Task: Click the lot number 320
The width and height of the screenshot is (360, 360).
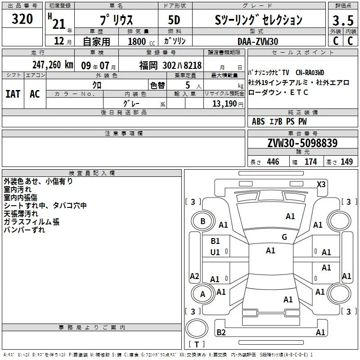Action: click(x=22, y=19)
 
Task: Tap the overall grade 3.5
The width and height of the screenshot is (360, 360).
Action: click(x=343, y=20)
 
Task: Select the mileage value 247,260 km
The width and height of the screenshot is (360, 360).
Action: click(x=53, y=65)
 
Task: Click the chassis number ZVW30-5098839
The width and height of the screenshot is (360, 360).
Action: click(x=302, y=143)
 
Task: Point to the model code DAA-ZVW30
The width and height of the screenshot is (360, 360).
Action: click(x=258, y=41)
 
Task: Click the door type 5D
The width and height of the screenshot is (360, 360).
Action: click(x=174, y=20)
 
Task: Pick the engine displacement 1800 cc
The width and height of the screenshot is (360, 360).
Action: click(x=141, y=41)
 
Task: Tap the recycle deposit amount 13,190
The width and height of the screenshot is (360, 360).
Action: click(x=224, y=104)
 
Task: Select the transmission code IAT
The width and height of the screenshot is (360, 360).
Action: click(x=13, y=94)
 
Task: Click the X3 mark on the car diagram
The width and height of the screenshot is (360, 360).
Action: click(x=321, y=184)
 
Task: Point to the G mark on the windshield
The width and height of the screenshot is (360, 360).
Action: click(x=284, y=237)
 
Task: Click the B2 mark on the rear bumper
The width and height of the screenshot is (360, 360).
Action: click(x=221, y=332)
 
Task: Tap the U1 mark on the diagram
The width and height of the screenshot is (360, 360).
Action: click(x=215, y=252)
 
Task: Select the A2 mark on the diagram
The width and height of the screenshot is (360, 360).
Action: click(x=194, y=276)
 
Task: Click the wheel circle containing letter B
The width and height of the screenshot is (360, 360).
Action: click(x=203, y=221)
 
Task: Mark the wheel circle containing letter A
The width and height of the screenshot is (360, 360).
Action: click(x=202, y=294)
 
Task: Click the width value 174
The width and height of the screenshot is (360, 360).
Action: click(x=310, y=162)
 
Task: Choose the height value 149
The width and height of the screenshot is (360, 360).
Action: click(x=346, y=162)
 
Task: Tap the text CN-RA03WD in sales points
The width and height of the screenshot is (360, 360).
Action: click(x=310, y=73)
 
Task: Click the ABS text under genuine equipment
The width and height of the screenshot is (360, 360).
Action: click(x=258, y=121)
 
